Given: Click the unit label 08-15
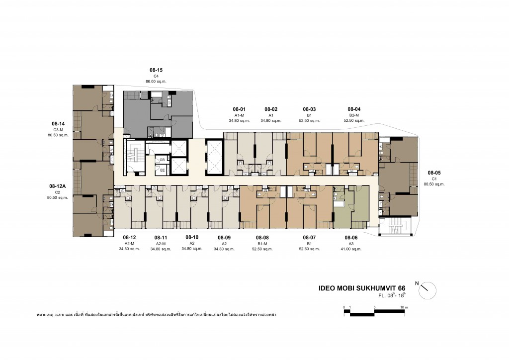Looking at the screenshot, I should [156, 70].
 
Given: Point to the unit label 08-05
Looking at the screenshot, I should [433, 173].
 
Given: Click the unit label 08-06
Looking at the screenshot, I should [351, 238].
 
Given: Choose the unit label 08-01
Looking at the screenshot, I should [239, 109].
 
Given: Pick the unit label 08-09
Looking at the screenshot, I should [224, 238].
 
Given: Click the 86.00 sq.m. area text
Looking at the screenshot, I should [156, 81].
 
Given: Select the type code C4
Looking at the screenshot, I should [156, 76].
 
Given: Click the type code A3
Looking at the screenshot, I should [351, 244].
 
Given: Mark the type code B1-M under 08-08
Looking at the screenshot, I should [262, 244].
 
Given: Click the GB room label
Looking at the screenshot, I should [162, 159].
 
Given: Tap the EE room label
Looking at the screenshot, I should [162, 170].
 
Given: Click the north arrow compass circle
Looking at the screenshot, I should [427, 290].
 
